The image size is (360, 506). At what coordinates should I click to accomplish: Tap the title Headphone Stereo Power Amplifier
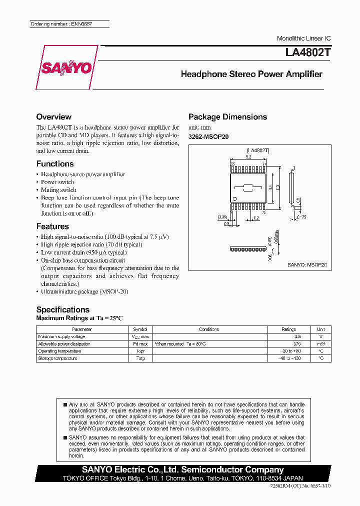click(251, 74)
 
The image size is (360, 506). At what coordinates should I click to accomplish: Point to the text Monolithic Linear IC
click(303, 38)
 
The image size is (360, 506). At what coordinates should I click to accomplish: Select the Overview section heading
click(53, 117)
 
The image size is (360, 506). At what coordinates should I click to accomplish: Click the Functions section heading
click(55, 164)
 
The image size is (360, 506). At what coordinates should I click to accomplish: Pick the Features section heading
click(52, 226)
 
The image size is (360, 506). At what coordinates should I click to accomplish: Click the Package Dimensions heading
click(227, 117)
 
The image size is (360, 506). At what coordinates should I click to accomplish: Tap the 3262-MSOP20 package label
click(208, 136)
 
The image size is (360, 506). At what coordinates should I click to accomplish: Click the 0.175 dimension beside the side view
click(301, 217)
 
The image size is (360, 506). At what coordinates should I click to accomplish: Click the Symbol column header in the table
click(140, 329)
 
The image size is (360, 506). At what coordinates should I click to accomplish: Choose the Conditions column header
click(208, 329)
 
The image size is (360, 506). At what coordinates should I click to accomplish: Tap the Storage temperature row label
click(57, 358)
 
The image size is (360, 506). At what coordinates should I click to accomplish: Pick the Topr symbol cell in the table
click(140, 351)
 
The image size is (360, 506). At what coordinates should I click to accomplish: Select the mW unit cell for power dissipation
click(320, 344)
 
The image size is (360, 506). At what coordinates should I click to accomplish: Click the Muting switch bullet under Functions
click(58, 190)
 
